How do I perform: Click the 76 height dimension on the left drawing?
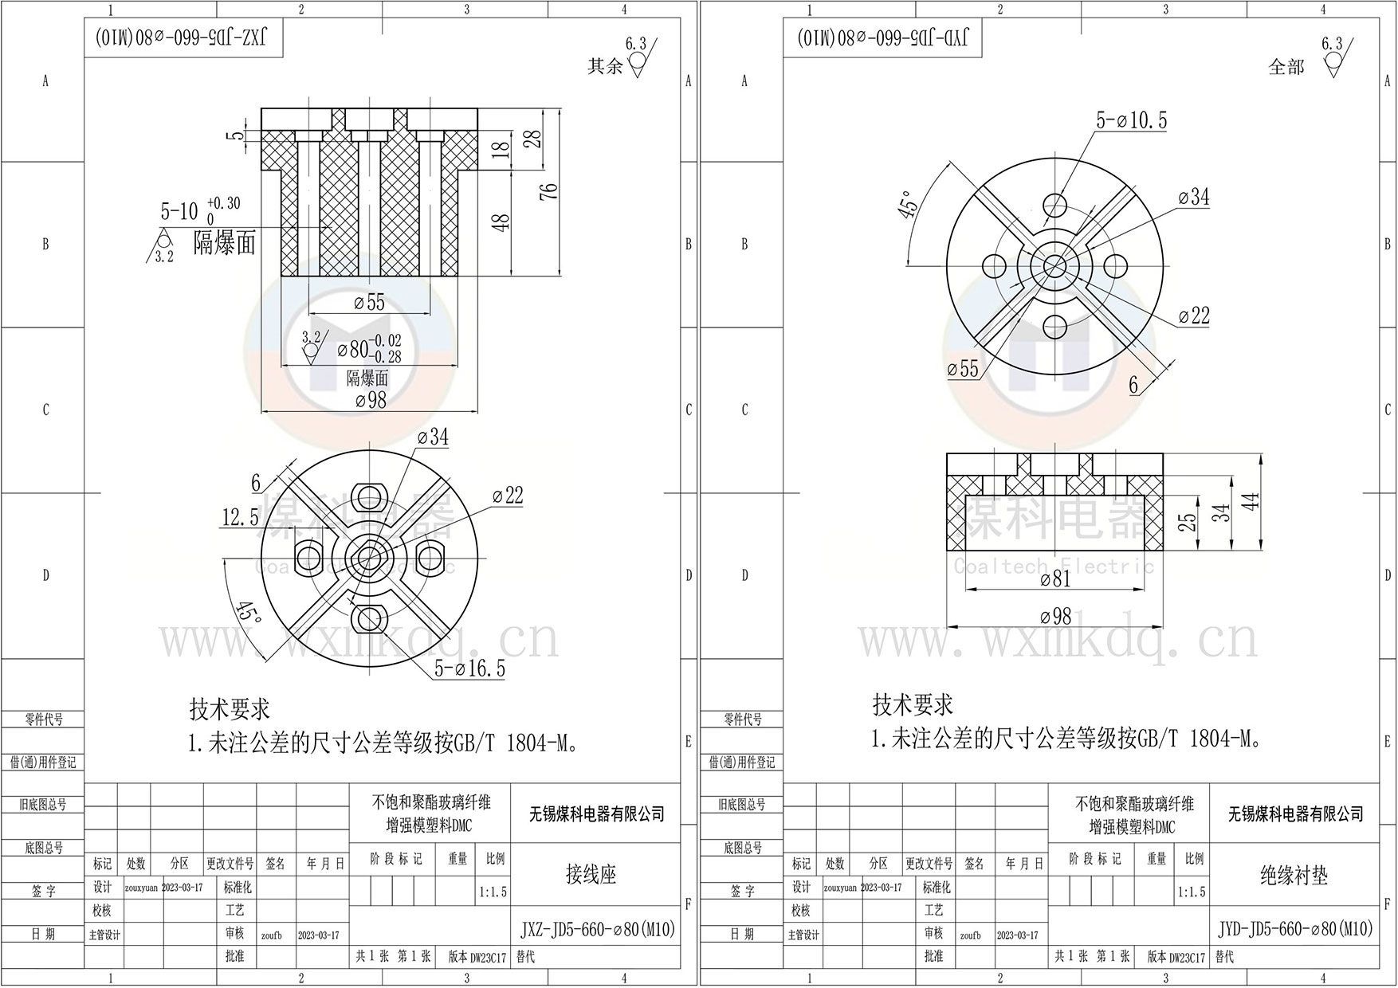548,192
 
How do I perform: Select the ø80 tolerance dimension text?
369,349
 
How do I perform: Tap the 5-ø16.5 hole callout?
469,668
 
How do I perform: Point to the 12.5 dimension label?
240,518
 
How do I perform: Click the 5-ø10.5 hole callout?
1131,120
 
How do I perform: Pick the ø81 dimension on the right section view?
1055,579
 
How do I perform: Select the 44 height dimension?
1251,502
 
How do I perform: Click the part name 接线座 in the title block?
591,875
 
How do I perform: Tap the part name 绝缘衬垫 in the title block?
1294,876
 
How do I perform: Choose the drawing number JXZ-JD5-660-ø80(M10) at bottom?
597,929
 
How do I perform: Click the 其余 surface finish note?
605,66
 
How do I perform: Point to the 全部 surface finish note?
1286,67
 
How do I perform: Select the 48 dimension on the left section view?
501,222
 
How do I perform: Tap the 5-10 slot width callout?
179,210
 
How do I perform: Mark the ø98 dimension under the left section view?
370,400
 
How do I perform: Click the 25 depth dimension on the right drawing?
1188,522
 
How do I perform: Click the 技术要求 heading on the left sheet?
230,708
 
